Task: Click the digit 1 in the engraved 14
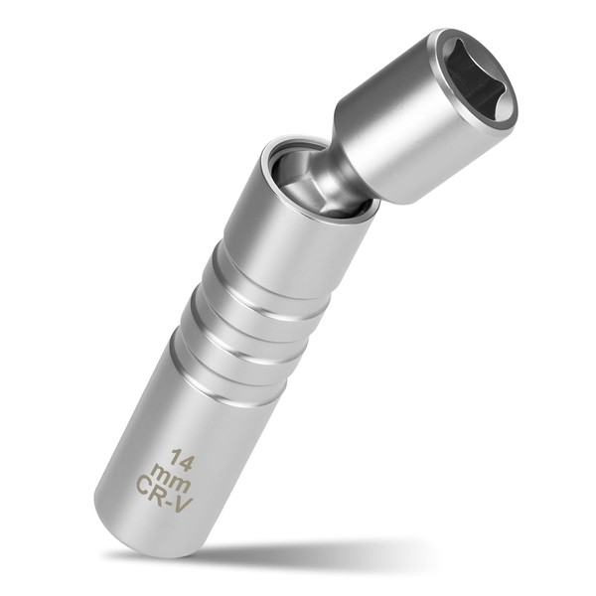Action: click(175, 456)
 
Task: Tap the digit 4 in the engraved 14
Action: click(188, 459)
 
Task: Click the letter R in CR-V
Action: click(162, 492)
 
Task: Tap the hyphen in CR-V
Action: click(173, 498)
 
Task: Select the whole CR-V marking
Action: click(165, 493)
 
